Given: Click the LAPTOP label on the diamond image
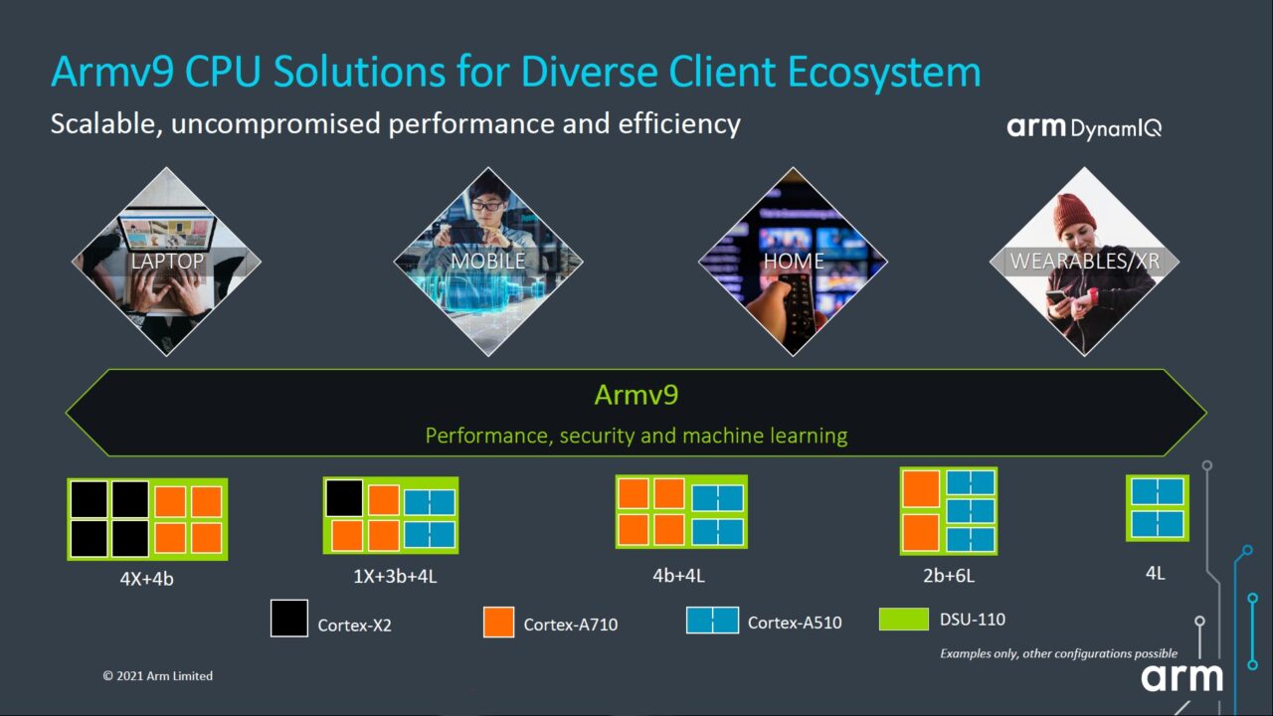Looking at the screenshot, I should click(x=167, y=262).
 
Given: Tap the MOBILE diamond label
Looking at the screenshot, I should click(x=487, y=262).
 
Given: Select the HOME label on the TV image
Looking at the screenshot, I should click(x=793, y=262).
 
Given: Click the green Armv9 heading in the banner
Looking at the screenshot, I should click(x=636, y=395).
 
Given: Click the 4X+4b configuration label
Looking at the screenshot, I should click(x=146, y=579).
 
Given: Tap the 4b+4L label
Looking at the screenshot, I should click(x=680, y=575).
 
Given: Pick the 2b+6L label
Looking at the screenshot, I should click(x=948, y=575).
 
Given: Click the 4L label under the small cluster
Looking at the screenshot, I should click(x=1155, y=573).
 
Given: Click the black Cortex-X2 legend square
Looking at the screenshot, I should click(x=288, y=618).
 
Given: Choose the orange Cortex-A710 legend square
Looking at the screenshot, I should click(x=498, y=622).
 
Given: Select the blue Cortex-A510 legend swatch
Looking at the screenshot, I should click(x=712, y=620).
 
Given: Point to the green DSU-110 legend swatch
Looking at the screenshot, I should click(x=904, y=620).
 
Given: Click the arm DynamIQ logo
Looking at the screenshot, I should click(x=1083, y=127).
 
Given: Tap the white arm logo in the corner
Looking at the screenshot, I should click(x=1182, y=677).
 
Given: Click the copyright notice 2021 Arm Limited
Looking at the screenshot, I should click(x=157, y=676).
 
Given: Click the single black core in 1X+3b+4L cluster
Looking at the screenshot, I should click(x=344, y=498).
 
